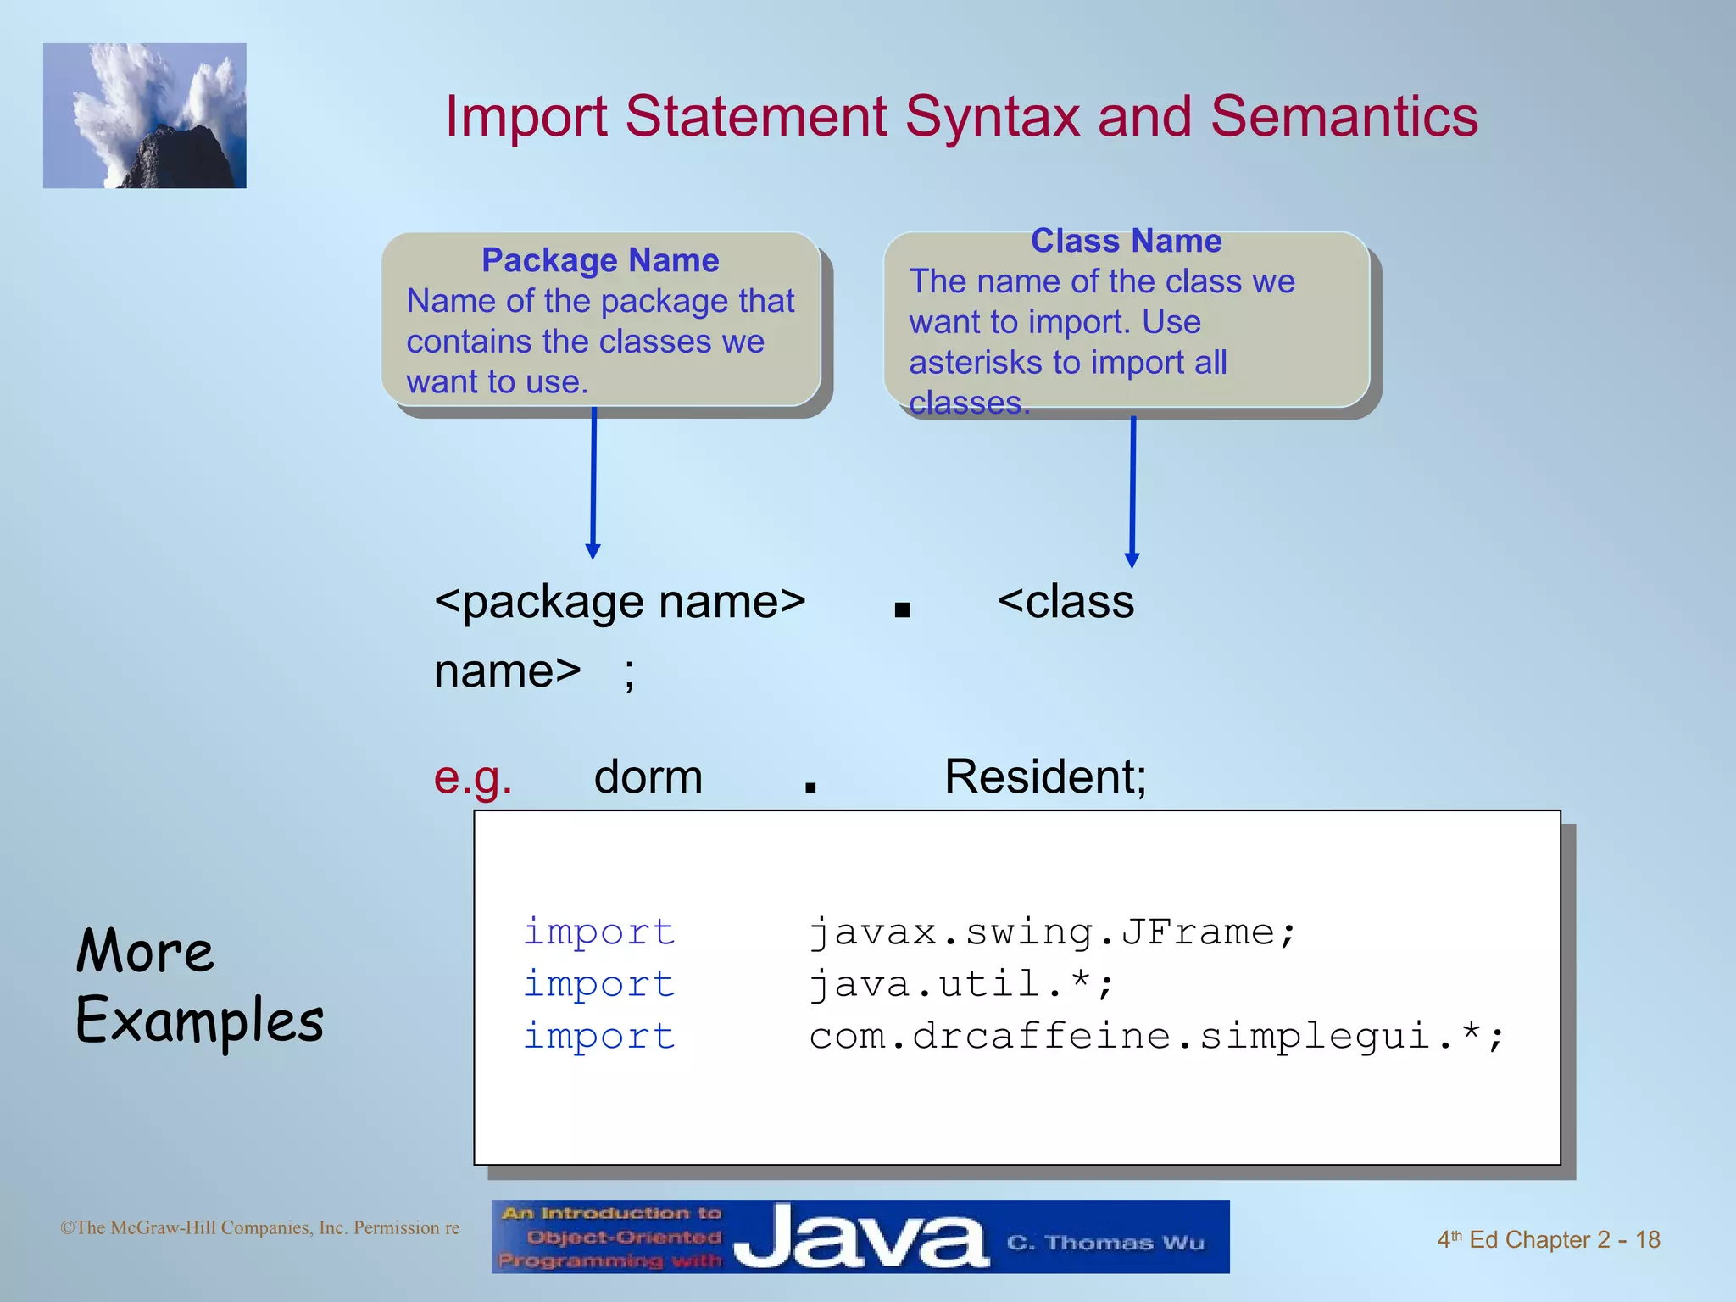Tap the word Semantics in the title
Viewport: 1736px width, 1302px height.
tap(1344, 116)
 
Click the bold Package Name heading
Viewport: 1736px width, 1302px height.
tap(600, 260)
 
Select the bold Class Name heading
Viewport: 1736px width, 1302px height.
tap(1126, 241)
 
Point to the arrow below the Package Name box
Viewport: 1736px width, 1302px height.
tap(593, 483)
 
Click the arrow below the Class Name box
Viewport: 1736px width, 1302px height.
tap(1132, 492)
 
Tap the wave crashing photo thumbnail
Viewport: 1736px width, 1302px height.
tap(145, 116)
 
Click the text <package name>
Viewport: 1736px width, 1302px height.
tap(620, 602)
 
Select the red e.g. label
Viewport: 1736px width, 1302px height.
tap(473, 776)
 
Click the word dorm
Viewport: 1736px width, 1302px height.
tap(648, 776)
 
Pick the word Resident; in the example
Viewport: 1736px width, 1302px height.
tap(1045, 776)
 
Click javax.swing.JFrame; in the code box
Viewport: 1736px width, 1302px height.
tap(1052, 932)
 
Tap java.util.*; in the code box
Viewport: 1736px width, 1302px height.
tap(960, 984)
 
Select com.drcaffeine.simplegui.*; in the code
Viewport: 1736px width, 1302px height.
tap(1156, 1036)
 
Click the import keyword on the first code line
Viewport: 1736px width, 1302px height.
tap(599, 932)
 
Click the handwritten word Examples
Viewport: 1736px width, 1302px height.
tap(200, 1021)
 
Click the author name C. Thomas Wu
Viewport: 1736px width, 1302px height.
tap(1105, 1243)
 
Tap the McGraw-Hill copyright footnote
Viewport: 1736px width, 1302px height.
tap(259, 1227)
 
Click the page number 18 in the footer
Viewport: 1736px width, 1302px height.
tap(1647, 1239)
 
